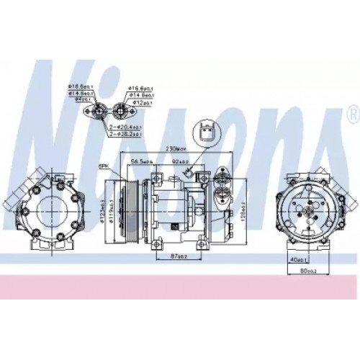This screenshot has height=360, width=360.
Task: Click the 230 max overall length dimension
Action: tap(174, 148)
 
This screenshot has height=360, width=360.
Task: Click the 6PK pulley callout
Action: tap(105, 166)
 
